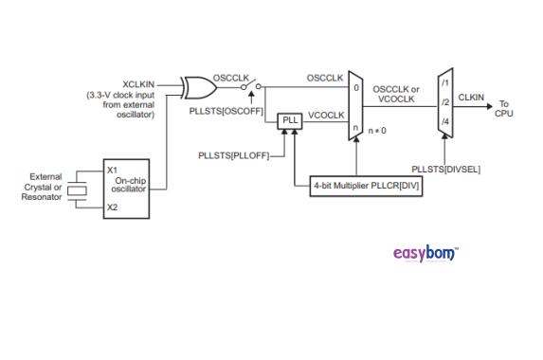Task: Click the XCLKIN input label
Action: click(140, 83)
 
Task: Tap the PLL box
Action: click(288, 120)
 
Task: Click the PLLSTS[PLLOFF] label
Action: click(233, 153)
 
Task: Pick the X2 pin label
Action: click(112, 207)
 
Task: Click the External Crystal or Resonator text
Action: click(45, 187)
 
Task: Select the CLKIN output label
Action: click(471, 96)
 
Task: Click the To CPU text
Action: click(505, 108)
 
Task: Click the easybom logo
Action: click(425, 254)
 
